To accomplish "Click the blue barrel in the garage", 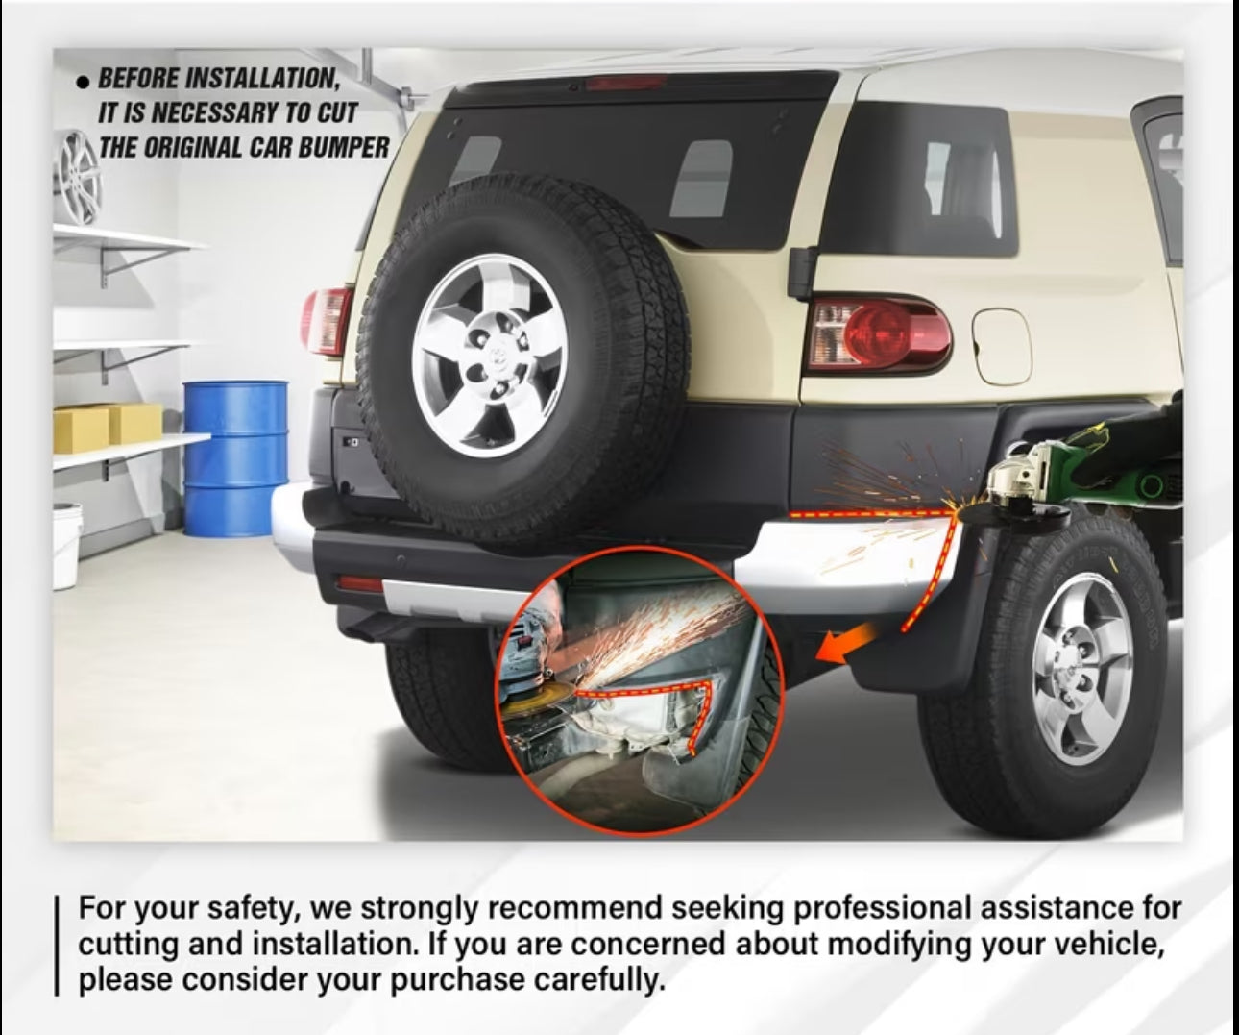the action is [x=235, y=458].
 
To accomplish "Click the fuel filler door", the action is [x=1002, y=346].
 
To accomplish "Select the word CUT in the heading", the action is [x=336, y=112].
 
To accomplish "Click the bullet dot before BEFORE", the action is [x=84, y=82].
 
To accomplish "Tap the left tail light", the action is [x=327, y=321].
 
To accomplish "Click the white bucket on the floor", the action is [x=66, y=546].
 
